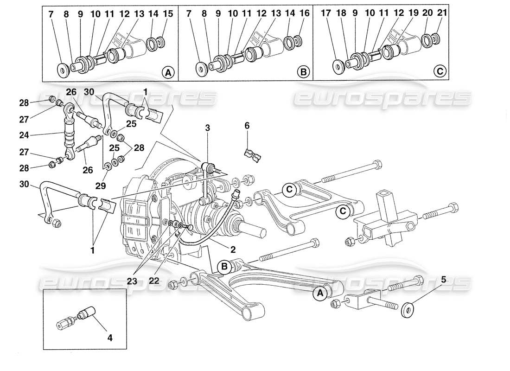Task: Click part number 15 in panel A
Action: (168, 14)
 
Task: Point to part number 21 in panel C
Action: (442, 14)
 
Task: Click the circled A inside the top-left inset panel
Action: (168, 72)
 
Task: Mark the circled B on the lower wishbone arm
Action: (224, 267)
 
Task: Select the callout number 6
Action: (247, 125)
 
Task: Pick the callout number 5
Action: (444, 280)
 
